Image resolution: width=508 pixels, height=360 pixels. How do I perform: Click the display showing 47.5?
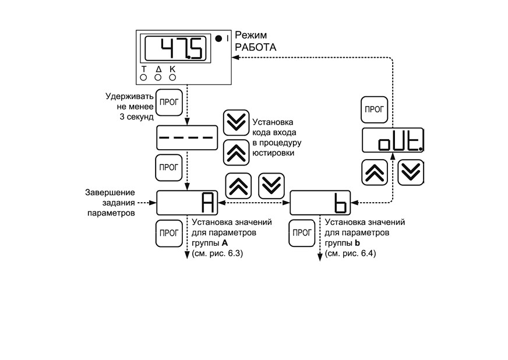[175, 48]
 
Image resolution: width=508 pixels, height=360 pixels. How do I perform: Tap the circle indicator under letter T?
[143, 77]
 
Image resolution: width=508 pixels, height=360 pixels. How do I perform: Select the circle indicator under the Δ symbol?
[158, 77]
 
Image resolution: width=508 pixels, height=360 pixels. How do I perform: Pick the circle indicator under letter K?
[172, 77]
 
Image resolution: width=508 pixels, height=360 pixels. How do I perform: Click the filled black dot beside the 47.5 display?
[218, 38]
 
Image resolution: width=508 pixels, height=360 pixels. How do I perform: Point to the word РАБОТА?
[255, 47]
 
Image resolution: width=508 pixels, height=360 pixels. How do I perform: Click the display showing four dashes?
[187, 137]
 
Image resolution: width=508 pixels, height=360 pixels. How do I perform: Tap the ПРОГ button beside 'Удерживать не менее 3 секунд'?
[169, 103]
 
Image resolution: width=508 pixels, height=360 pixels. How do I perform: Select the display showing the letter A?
[187, 203]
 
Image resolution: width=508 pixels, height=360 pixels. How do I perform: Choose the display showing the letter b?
[320, 203]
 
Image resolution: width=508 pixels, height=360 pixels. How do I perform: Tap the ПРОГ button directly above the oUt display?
[374, 110]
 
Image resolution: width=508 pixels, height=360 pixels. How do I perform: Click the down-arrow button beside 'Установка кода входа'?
[236, 123]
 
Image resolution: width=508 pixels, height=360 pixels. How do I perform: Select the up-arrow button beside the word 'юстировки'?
[236, 153]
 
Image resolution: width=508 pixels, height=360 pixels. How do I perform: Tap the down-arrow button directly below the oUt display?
[411, 172]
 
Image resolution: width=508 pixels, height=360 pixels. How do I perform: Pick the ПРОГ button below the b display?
[302, 233]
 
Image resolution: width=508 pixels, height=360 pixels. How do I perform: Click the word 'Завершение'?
[110, 192]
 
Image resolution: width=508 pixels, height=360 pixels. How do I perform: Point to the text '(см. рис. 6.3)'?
[217, 253]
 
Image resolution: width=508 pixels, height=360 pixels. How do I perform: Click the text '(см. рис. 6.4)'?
[351, 253]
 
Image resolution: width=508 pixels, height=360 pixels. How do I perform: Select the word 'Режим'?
[251, 35]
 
